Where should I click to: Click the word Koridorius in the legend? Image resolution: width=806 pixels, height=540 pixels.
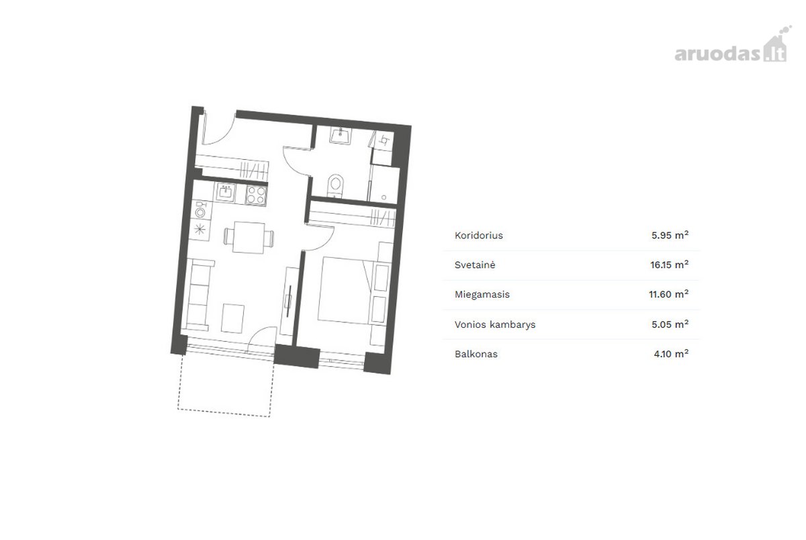(478, 236)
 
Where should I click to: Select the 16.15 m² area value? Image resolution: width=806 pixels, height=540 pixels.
(669, 265)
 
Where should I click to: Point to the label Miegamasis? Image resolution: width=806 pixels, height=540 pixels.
(482, 295)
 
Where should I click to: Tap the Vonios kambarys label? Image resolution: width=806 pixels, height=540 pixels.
(495, 324)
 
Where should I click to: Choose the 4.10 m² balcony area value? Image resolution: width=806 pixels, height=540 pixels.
(671, 354)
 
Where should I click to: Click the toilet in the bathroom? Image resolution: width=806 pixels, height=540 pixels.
(336, 185)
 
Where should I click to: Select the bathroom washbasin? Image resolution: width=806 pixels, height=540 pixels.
(341, 136)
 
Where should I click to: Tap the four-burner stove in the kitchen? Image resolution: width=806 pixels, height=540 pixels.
(256, 195)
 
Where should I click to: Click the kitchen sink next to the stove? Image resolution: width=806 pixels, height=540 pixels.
(226, 193)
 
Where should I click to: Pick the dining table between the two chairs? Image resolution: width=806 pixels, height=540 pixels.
(249, 238)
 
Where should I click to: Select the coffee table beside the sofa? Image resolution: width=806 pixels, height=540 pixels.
(232, 318)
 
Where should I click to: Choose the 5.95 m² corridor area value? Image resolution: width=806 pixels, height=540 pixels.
(670, 235)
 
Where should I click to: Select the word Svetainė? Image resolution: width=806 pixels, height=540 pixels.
(475, 265)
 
